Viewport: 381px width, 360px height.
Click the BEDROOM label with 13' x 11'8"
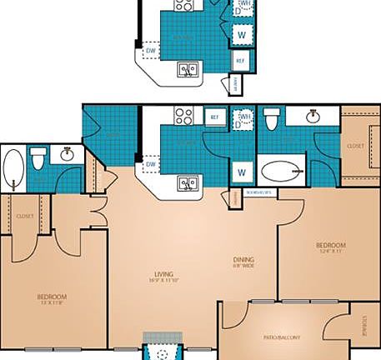pyautogui.click(x=52, y=297)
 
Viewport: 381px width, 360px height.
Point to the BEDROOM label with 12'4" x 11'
pyautogui.click(x=330, y=246)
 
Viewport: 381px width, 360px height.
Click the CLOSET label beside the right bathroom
pyautogui.click(x=355, y=146)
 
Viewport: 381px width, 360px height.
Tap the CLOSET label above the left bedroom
pyautogui.click(x=24, y=216)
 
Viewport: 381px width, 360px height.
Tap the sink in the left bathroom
pyautogui.click(x=67, y=155)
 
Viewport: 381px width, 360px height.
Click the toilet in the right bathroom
pyautogui.click(x=271, y=122)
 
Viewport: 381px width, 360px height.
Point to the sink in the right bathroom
pyautogui.click(x=313, y=117)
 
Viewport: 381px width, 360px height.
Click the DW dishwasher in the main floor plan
pyautogui.click(x=151, y=164)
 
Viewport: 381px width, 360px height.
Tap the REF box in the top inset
pyautogui.click(x=240, y=60)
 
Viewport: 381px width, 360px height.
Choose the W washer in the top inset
pyautogui.click(x=242, y=34)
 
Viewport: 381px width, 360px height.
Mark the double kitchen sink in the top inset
pyautogui.click(x=188, y=71)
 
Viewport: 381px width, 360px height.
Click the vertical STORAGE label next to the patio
pyautogui.click(x=363, y=324)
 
